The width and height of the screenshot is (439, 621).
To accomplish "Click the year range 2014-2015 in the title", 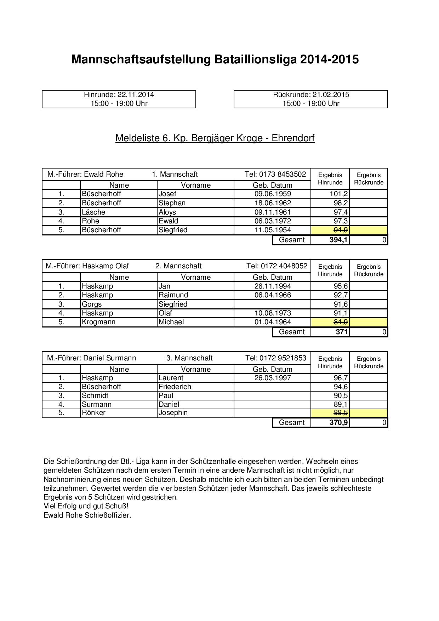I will pyautogui.click(x=329, y=59).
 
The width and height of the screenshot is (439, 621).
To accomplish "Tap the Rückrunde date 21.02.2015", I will pyautogui.click(x=330, y=95).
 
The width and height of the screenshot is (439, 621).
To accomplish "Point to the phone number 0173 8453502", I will pyautogui.click(x=283, y=174).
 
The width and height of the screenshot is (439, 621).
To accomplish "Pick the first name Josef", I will pyautogui.click(x=167, y=194).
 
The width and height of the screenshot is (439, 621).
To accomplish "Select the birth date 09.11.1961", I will pyautogui.click(x=273, y=212).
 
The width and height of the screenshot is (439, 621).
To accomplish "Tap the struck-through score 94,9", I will pyautogui.click(x=341, y=230).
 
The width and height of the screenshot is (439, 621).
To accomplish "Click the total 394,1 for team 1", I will pyautogui.click(x=338, y=240).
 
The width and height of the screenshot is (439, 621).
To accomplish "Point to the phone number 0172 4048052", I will pyautogui.click(x=284, y=266).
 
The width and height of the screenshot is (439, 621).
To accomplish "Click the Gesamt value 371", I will pyautogui.click(x=341, y=332).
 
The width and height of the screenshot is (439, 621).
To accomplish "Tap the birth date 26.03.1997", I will pyautogui.click(x=273, y=378).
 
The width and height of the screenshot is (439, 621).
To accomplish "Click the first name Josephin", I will pyautogui.click(x=173, y=412).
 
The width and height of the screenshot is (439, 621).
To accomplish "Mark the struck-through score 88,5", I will pyautogui.click(x=341, y=413).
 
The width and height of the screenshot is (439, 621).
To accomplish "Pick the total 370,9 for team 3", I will pyautogui.click(x=338, y=422).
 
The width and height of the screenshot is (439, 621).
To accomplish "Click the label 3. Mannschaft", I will pyautogui.click(x=189, y=358).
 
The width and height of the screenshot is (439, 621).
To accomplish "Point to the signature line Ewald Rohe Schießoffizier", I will pyautogui.click(x=87, y=515).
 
